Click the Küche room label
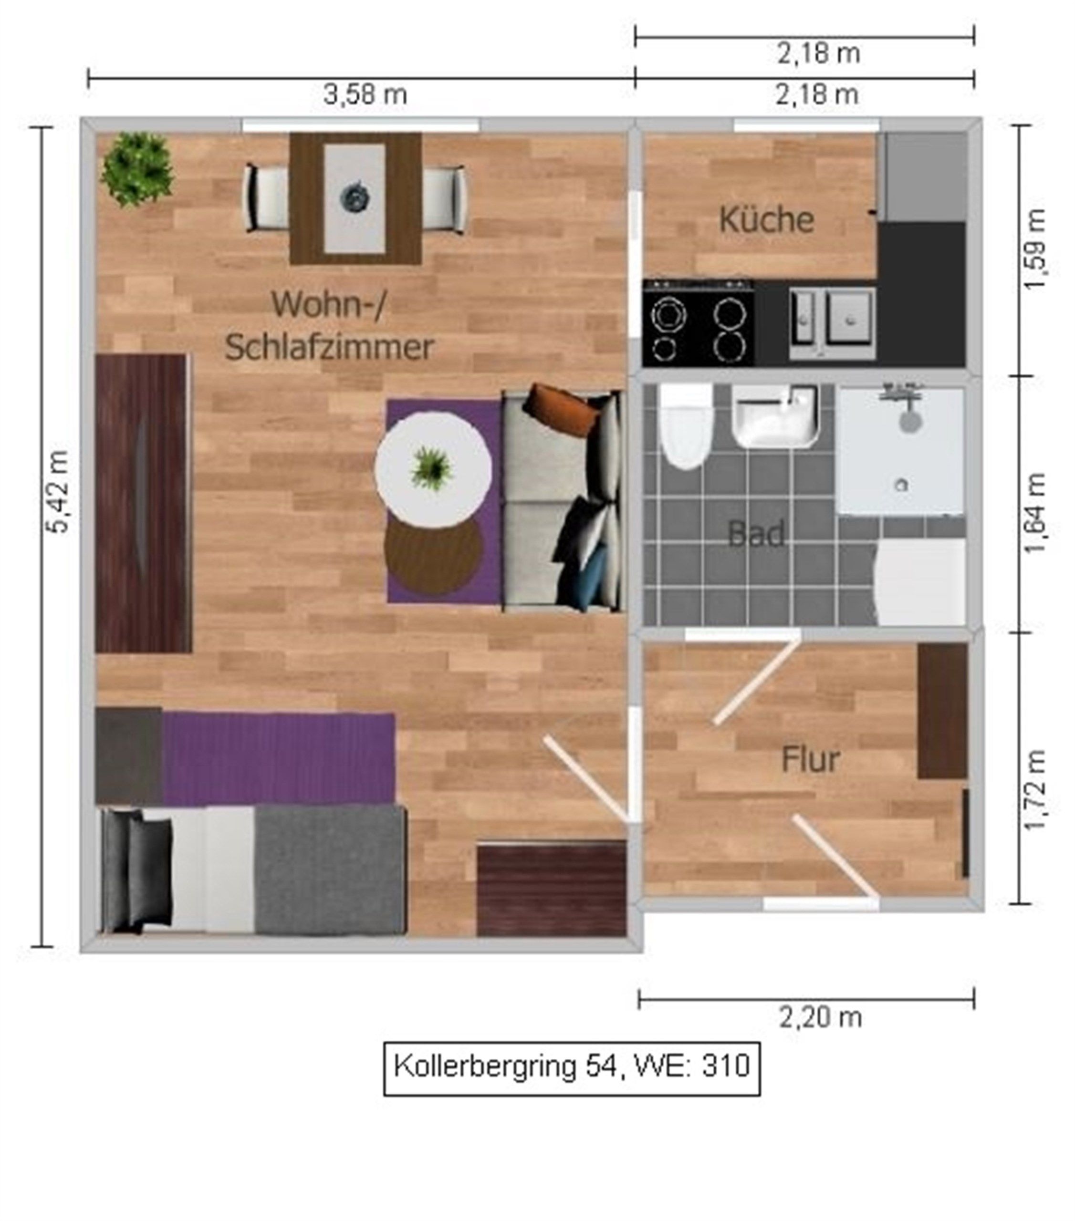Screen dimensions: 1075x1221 click(x=766, y=219)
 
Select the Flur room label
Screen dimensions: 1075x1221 click(x=810, y=759)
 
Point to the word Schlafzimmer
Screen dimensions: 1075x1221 click(x=329, y=347)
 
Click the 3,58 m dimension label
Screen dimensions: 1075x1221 click(x=365, y=94)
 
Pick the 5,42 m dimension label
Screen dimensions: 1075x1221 click(x=58, y=492)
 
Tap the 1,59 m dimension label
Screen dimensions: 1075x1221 click(x=1035, y=249)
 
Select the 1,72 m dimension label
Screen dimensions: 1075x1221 click(x=1035, y=789)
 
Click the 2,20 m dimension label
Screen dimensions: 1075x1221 click(x=820, y=1017)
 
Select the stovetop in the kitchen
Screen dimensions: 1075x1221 click(x=698, y=322)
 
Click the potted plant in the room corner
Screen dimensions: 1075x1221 click(x=137, y=169)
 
